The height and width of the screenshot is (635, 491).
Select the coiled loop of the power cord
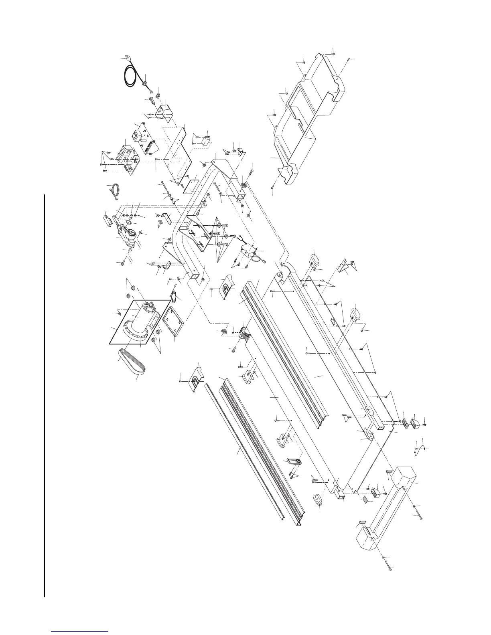point(131,78)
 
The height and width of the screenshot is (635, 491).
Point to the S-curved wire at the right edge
point(420,451)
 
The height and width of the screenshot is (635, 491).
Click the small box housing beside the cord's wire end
point(165,112)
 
